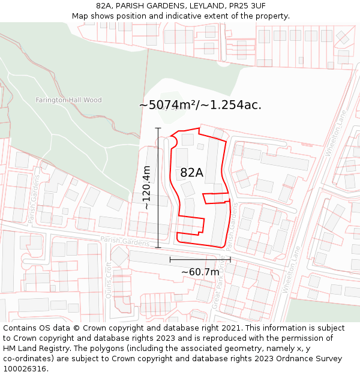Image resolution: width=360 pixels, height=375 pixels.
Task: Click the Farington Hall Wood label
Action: point(68,100)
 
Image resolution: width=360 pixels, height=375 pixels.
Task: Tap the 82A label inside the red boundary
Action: point(192,173)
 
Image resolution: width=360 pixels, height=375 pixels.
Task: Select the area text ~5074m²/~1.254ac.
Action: point(200,105)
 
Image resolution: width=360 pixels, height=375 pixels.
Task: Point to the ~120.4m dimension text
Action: point(146,187)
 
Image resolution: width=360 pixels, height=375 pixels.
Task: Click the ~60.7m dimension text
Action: point(200,272)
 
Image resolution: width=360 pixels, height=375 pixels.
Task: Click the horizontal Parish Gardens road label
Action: point(125,241)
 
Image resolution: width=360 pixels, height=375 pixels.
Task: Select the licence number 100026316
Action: point(25,369)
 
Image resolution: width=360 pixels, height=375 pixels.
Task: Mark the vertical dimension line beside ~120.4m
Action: point(158,187)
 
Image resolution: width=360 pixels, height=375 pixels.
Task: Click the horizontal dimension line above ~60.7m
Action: point(200,260)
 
